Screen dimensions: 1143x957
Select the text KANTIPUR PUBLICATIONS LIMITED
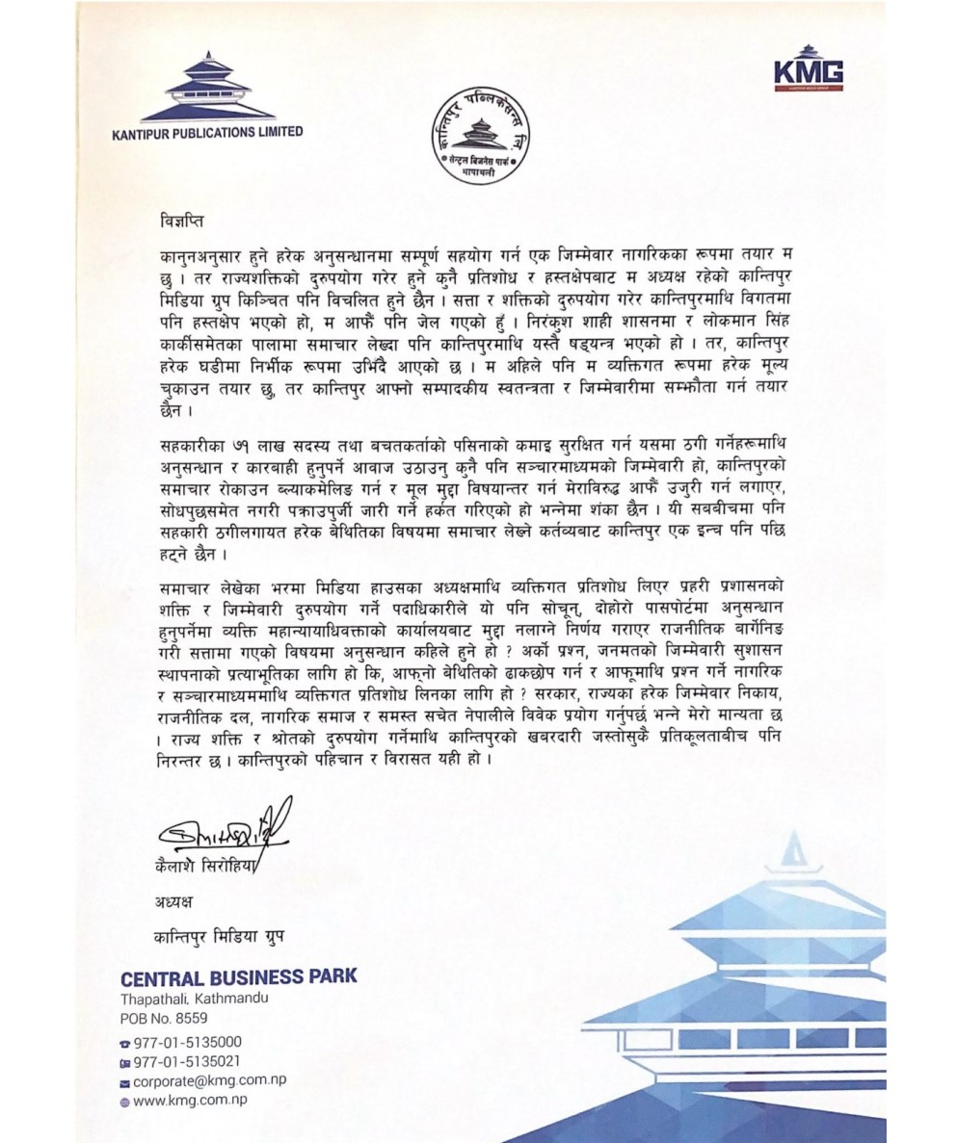point(207,132)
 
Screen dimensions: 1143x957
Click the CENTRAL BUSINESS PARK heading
point(238,975)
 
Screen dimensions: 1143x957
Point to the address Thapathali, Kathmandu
point(195,998)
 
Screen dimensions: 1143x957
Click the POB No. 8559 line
point(163,1017)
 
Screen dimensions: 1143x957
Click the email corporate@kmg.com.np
point(209,1080)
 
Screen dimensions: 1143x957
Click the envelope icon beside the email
point(124,1081)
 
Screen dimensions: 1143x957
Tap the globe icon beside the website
point(124,1101)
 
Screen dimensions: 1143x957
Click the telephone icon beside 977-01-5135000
point(124,1043)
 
